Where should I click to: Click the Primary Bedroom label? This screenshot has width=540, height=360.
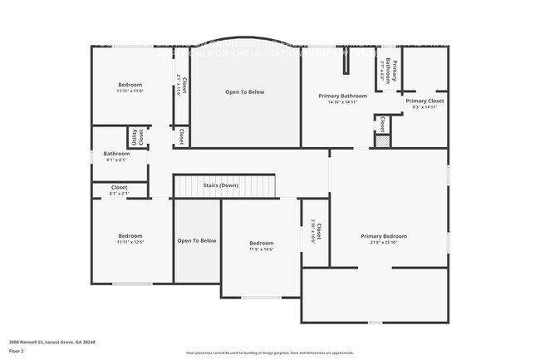coord(384,236)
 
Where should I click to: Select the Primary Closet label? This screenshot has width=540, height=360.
coord(425,101)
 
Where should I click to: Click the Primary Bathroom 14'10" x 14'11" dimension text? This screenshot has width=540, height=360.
coord(342,102)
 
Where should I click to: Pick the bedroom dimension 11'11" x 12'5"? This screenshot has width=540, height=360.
coord(130,242)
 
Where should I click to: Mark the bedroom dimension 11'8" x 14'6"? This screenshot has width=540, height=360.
coord(262,249)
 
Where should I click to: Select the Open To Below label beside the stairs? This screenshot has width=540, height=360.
coord(197,240)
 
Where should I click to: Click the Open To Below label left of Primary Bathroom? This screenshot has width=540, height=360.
coord(245,91)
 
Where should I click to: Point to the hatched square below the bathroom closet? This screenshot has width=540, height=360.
coord(381,142)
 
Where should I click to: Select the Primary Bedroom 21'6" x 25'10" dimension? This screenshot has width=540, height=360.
coord(384,243)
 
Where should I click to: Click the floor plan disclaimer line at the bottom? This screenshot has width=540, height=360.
coord(269,353)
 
